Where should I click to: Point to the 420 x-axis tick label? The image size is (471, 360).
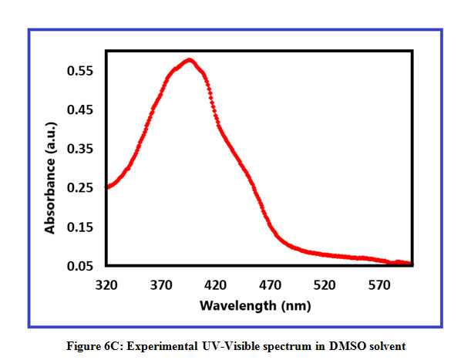tap(215, 284)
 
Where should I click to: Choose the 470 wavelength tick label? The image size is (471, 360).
tap(270, 284)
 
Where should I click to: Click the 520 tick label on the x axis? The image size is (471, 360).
tap(325, 284)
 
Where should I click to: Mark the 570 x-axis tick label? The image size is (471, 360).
tap(379, 284)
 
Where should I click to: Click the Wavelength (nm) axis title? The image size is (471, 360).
tap(255, 305)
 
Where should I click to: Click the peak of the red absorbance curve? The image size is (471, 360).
tap(188, 60)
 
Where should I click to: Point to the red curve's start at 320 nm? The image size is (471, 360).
tap(106, 187)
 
